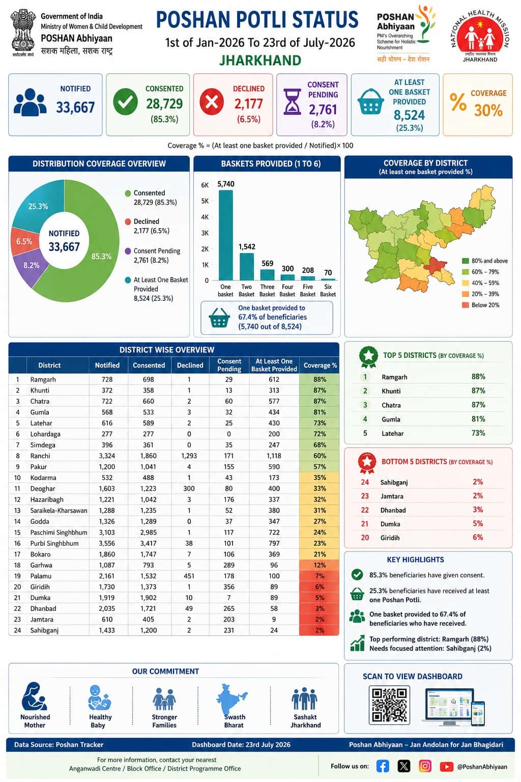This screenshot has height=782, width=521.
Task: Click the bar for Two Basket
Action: click(x=247, y=266)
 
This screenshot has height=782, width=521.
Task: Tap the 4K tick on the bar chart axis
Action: click(x=205, y=217)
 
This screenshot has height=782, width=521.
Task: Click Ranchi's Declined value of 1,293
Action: click(x=189, y=456)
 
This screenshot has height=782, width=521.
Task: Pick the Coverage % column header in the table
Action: click(x=320, y=365)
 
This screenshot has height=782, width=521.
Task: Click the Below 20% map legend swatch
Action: click(x=465, y=305)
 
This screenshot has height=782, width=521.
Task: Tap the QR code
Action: click(x=389, y=705)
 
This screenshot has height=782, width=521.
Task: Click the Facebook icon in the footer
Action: click(x=383, y=766)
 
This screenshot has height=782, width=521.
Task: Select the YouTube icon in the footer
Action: click(x=446, y=766)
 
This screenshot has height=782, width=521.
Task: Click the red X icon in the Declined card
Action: click(x=212, y=102)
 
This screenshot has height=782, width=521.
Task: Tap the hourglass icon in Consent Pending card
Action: click(x=292, y=102)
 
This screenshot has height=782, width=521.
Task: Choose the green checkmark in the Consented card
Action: click(x=125, y=102)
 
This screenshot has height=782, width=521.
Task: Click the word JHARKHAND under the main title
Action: click(x=260, y=61)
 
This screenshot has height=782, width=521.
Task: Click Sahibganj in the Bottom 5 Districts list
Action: click(x=394, y=483)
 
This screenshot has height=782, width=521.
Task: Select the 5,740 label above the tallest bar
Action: click(x=226, y=184)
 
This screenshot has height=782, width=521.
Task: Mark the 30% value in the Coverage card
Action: click(x=488, y=110)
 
